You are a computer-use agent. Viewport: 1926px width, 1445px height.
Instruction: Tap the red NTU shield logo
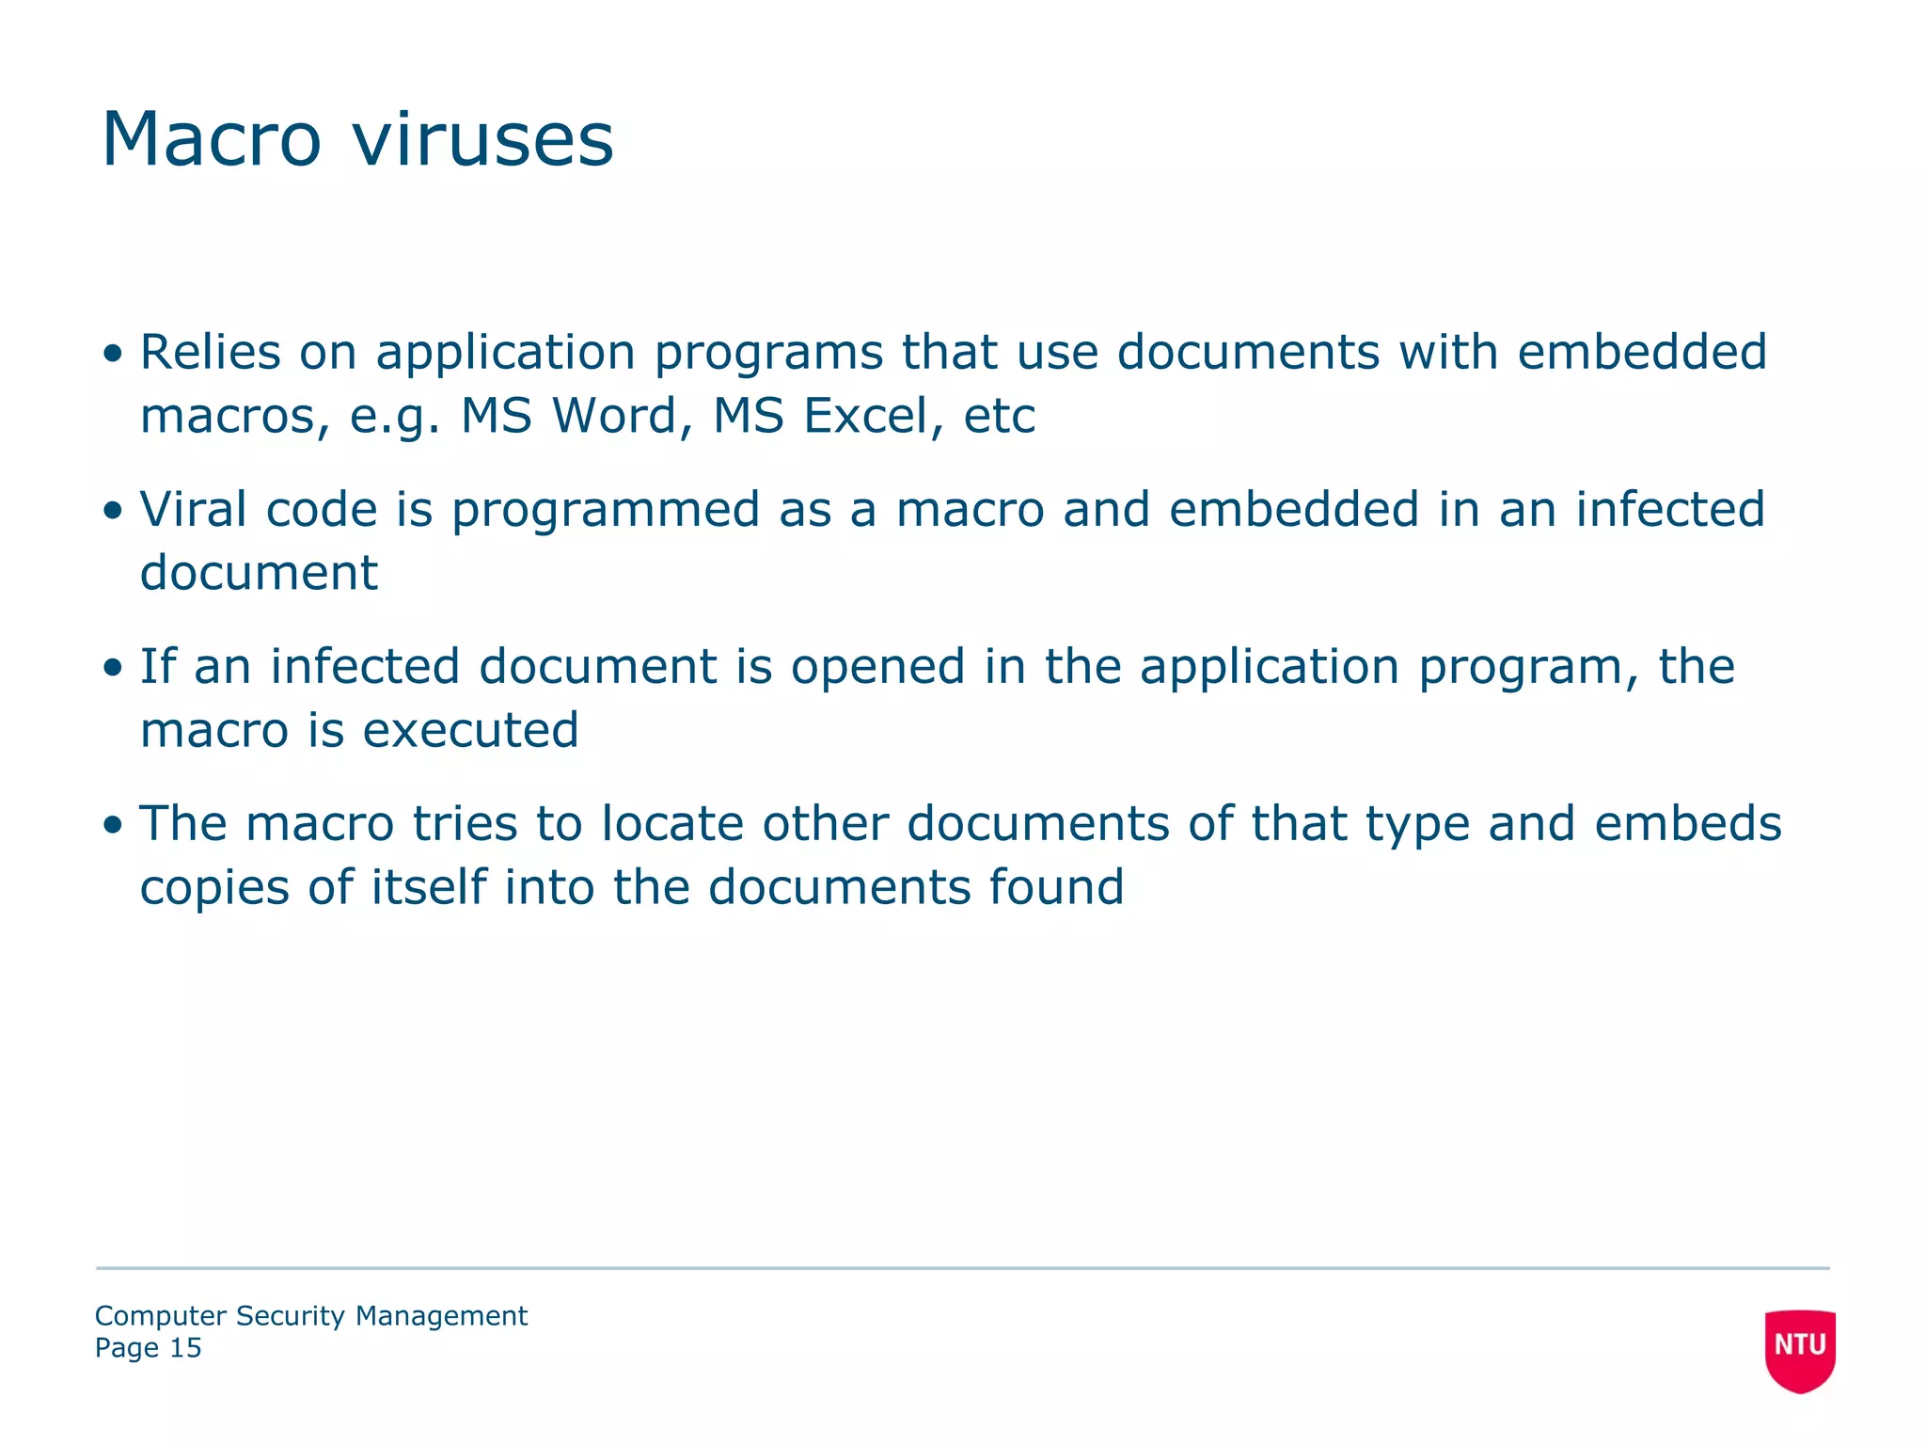point(1800,1349)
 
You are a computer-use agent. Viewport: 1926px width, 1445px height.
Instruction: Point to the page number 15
point(185,1348)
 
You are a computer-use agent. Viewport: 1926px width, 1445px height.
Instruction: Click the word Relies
point(211,352)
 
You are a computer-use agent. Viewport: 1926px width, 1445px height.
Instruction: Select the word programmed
point(606,511)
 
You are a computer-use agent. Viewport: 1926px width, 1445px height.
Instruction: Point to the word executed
point(471,730)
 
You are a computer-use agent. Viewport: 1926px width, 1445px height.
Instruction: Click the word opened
point(878,668)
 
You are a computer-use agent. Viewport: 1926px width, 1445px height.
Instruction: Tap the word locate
point(672,823)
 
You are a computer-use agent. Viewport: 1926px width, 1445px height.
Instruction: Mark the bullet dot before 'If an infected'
point(114,668)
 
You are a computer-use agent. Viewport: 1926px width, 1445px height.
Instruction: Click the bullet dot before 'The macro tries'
point(114,825)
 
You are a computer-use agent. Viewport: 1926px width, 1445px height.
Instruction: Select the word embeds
point(1688,823)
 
